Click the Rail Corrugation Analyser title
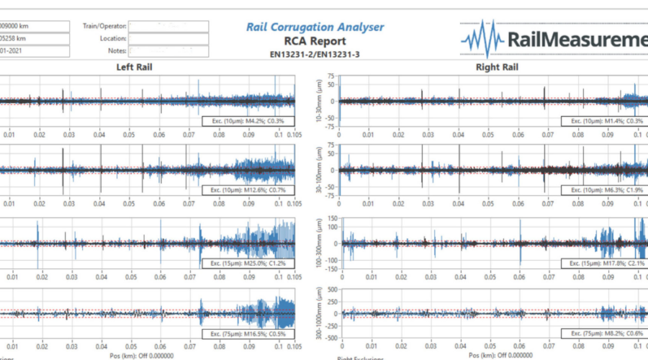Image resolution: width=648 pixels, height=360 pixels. [x=315, y=27]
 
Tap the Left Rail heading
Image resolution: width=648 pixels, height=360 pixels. [x=134, y=67]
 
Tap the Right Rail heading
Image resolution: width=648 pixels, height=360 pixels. [x=493, y=67]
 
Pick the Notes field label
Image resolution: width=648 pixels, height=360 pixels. [x=117, y=51]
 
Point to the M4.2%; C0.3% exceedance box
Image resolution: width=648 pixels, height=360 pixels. [x=248, y=120]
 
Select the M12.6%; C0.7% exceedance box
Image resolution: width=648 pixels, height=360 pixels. [x=248, y=190]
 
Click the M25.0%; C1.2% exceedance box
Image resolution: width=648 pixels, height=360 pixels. [x=248, y=264]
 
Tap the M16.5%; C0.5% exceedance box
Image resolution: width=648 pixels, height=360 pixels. [x=248, y=333]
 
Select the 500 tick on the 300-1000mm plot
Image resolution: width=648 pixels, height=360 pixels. [x=330, y=289]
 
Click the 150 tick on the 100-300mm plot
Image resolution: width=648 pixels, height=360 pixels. [x=330, y=219]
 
